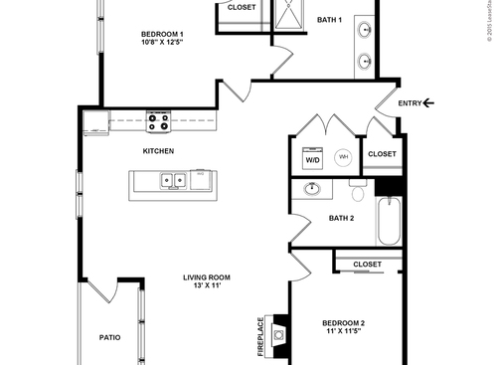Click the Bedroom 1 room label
point(161,34)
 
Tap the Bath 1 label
point(329,20)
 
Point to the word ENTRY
point(410,102)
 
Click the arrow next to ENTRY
point(428,102)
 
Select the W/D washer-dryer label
point(312,159)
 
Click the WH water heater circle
point(343,157)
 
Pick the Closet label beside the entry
point(382,154)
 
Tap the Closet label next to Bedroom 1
point(241,7)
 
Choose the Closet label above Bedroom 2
point(367,265)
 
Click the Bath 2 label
point(341,218)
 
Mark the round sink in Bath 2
point(313,188)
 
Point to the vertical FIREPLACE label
point(261,337)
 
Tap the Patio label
point(110,337)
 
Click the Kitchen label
point(158,151)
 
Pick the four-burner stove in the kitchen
point(158,121)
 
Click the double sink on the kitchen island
point(173,181)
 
